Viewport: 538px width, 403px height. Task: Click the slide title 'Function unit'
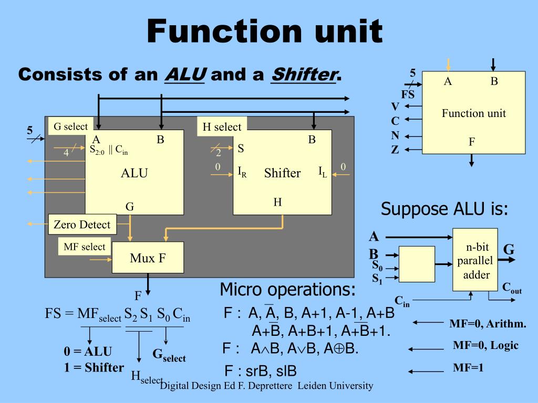coord(264,31)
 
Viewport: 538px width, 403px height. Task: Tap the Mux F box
coord(148,258)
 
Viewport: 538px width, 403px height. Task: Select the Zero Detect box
coord(82,225)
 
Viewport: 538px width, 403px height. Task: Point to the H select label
coord(222,126)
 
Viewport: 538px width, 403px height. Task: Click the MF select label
coord(84,247)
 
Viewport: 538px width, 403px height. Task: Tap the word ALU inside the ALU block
coord(134,173)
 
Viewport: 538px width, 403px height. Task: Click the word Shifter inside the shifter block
coord(282,173)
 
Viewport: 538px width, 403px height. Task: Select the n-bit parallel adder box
coord(473,260)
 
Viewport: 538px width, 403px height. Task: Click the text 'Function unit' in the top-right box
coord(473,113)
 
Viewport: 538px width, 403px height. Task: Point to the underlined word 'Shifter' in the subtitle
coord(303,75)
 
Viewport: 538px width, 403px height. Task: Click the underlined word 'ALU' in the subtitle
coord(185,75)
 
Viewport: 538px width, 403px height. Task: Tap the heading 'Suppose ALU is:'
coord(444,209)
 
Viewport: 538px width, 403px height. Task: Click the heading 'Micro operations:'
coord(287,289)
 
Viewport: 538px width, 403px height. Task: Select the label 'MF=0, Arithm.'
coord(488,324)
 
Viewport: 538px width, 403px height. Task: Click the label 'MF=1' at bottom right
coord(468,368)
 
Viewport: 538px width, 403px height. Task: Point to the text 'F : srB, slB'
coord(260,372)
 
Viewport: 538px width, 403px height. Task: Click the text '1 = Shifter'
coord(94,367)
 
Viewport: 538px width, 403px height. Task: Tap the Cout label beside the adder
coord(512,288)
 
